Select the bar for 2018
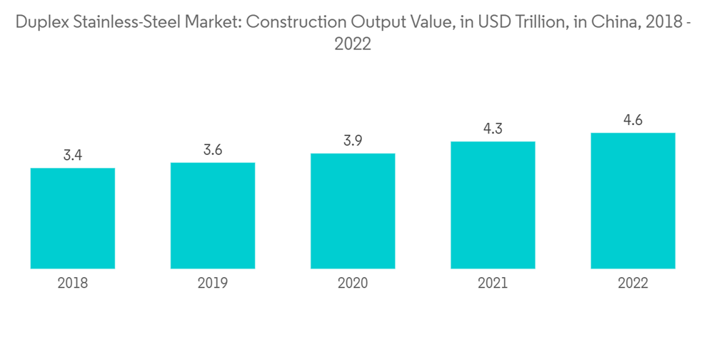[x=73, y=219]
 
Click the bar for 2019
[x=213, y=216]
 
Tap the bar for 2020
[x=353, y=211]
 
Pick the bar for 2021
[x=493, y=205]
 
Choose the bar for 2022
[x=633, y=201]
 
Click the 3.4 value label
[x=73, y=155]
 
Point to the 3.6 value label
[x=213, y=149]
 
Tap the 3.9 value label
[x=353, y=140]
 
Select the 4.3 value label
[x=493, y=129]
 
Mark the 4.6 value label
[x=633, y=120]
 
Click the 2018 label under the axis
[x=73, y=284]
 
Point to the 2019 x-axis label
[x=213, y=284]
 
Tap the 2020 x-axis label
[x=353, y=284]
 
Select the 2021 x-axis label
[x=493, y=284]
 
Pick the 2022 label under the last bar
[x=633, y=284]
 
